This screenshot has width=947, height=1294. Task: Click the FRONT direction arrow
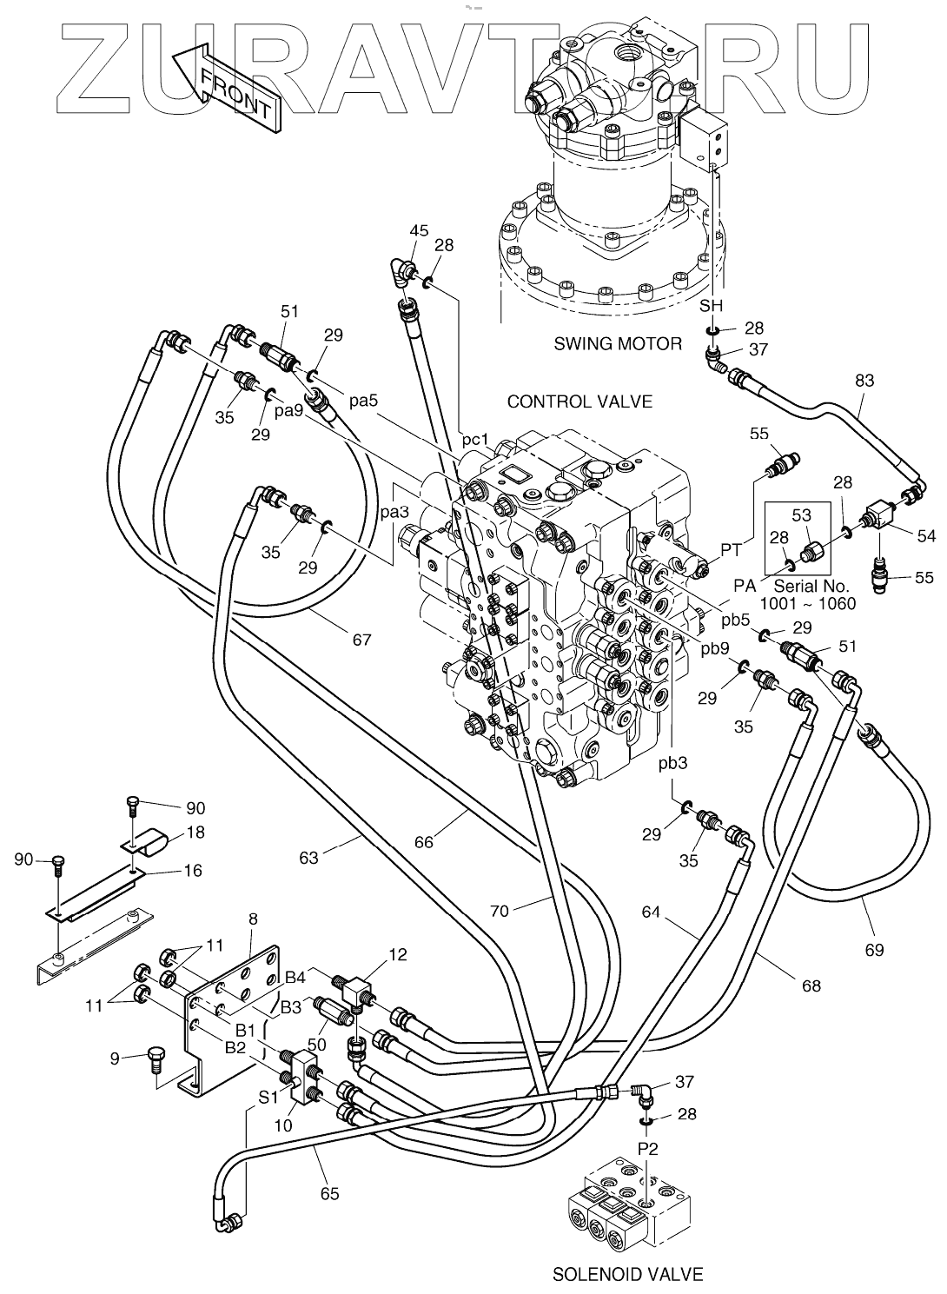coord(227,88)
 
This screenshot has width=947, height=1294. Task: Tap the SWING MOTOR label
coord(618,344)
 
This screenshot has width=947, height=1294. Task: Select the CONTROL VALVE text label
coord(579,401)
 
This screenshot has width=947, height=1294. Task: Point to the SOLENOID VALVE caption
coord(627,1275)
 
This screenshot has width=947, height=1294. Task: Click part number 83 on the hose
coord(864,381)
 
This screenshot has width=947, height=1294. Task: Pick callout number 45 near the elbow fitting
coord(419,230)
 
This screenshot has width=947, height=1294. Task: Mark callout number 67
coord(361,640)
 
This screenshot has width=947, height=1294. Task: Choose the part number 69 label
coord(874,950)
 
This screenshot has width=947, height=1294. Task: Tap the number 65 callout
coord(329,1193)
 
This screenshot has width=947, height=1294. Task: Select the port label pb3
coord(672,764)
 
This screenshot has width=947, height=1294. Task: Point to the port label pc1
coord(475,440)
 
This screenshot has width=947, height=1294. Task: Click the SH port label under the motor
coord(711,306)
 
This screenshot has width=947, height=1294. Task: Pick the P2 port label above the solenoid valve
coord(647,1148)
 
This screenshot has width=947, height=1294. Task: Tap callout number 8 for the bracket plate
coord(253,919)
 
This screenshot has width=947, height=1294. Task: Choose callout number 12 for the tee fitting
coord(397,955)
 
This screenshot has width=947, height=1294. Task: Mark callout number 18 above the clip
coord(195,833)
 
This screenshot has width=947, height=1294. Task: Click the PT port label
coord(731,549)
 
